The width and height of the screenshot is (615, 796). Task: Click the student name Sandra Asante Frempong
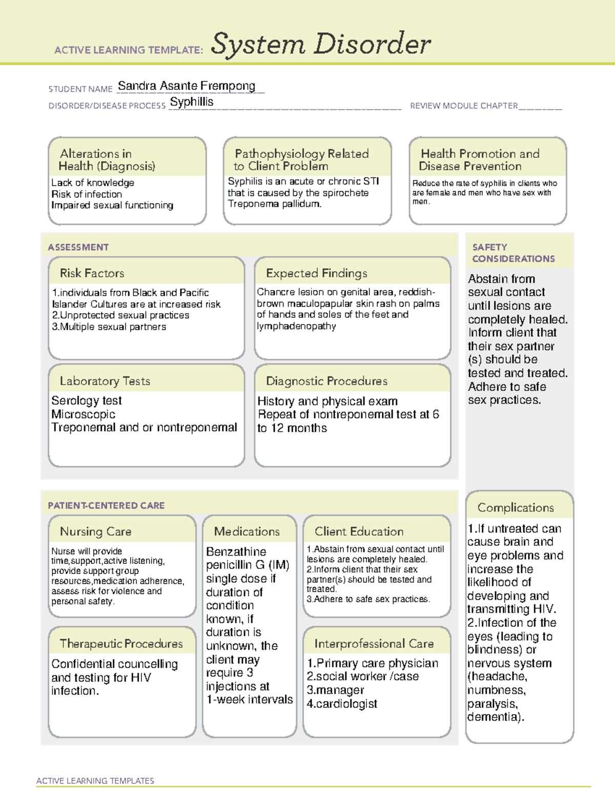(x=187, y=86)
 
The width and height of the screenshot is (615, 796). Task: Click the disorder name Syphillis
(x=192, y=102)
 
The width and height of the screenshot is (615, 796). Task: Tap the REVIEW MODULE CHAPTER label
(x=464, y=106)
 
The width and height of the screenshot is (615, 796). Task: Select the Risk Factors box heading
(x=92, y=273)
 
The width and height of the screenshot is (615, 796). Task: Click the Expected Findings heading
(x=317, y=273)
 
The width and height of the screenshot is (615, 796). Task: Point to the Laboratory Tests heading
(x=105, y=381)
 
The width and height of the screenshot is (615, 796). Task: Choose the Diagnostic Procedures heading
(x=327, y=381)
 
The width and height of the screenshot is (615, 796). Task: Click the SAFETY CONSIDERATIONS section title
(x=513, y=253)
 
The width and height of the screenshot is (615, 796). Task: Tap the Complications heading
(x=516, y=507)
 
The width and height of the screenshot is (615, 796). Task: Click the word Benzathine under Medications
(x=236, y=552)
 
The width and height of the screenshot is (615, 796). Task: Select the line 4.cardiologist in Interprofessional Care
(x=342, y=704)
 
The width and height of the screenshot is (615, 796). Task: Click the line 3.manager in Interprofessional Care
(x=335, y=690)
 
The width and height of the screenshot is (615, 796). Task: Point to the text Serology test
(x=87, y=401)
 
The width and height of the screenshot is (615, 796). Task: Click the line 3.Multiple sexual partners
(x=109, y=327)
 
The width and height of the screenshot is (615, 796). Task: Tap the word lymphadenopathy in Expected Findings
(x=297, y=326)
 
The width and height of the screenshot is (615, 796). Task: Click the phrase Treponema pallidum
(x=275, y=204)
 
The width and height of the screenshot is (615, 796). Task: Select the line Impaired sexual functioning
(x=112, y=206)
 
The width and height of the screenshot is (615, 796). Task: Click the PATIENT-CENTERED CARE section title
(x=106, y=505)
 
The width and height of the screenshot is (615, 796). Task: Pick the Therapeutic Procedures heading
(x=121, y=643)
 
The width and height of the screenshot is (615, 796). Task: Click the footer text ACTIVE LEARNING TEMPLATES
(x=95, y=781)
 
